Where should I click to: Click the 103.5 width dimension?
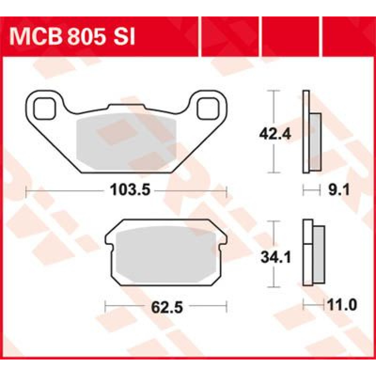point(130,190)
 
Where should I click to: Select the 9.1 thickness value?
point(339,190)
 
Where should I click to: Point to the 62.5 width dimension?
point(167,307)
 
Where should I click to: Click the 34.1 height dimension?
point(276,257)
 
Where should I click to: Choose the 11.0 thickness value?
point(342,305)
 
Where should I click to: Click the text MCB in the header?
point(35,37)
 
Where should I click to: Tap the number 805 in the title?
point(86,37)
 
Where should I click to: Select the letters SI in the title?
point(124,37)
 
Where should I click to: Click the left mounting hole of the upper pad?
point(44,109)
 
